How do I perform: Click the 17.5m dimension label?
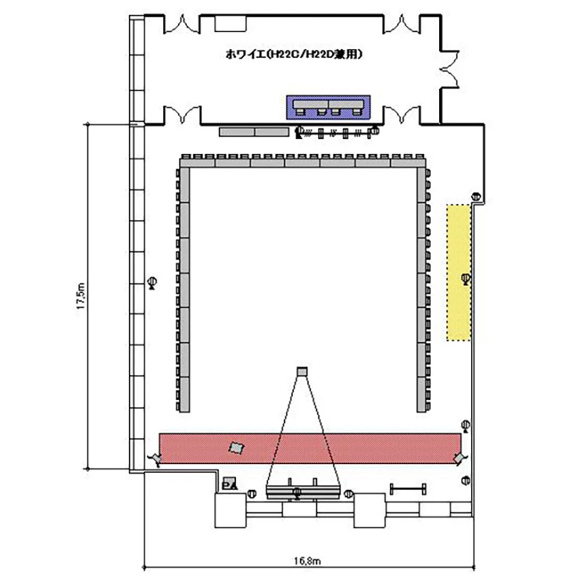[x=81, y=296]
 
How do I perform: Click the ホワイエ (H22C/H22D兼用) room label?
[x=294, y=55]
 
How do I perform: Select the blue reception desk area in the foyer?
[x=328, y=107]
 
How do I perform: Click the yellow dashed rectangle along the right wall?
[x=459, y=273]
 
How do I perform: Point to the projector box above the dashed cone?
[x=302, y=371]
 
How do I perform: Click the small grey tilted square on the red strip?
[x=236, y=448]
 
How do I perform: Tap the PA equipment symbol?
[x=229, y=484]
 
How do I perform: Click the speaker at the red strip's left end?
[x=155, y=459]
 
